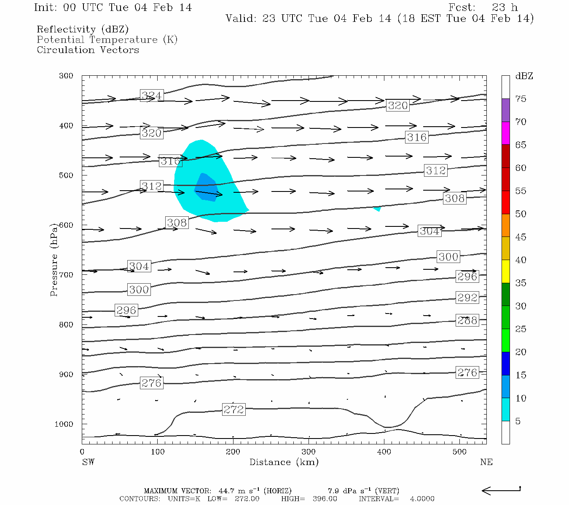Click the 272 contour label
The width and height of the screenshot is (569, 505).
coord(234,409)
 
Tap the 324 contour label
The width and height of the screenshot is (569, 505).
coord(151,96)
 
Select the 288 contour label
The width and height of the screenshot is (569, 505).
coord(467,320)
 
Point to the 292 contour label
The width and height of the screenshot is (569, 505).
coord(467,298)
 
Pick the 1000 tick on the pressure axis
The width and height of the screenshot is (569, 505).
coord(64,424)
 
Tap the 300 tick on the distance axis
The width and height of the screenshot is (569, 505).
coord(309,452)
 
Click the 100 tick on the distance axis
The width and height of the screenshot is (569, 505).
coord(158,452)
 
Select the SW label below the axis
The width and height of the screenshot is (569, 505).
coord(88,462)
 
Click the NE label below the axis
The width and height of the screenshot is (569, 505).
coord(486,462)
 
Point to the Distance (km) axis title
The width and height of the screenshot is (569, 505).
coord(284,462)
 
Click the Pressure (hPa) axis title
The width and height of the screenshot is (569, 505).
coord(54,260)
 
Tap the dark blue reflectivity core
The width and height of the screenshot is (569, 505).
coord(206,186)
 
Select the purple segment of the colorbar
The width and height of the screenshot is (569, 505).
coord(505,110)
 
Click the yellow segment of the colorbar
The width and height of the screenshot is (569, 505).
coord(505,271)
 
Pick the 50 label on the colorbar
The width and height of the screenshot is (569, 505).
coord(521,214)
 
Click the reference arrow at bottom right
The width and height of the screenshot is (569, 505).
coord(501,490)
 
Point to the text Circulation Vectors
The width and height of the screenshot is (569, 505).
coord(88,50)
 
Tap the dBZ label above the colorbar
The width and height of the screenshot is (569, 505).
coord(524,76)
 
